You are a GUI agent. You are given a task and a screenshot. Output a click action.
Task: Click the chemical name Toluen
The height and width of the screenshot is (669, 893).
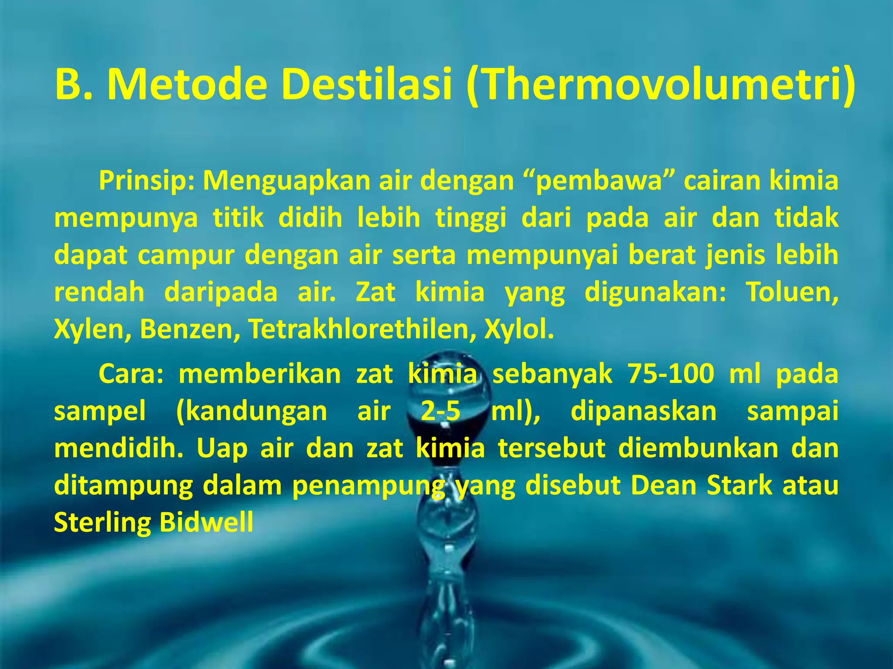pos(791,292)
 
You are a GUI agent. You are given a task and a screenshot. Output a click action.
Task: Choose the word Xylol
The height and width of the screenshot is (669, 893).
pos(519,329)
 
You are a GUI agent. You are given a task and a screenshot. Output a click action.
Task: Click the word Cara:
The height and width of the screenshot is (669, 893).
pos(131,374)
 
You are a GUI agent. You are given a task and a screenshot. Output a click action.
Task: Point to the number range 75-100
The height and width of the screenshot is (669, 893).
pos(671,374)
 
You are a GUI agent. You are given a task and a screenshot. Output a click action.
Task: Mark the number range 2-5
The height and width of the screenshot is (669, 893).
pos(440,411)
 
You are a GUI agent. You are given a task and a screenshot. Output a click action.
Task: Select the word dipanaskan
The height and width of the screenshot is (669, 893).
pos(644,411)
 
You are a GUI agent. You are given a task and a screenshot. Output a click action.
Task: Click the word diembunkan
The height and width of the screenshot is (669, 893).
pos(698,448)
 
